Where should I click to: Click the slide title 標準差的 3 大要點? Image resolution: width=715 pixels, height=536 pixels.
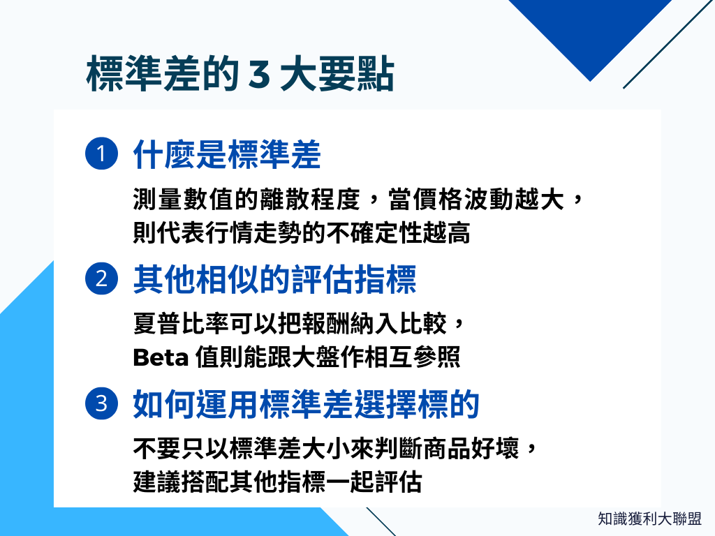click(239, 75)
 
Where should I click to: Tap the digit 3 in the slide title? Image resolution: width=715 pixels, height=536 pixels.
click(258, 75)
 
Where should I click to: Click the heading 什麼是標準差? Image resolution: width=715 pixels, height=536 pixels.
click(226, 155)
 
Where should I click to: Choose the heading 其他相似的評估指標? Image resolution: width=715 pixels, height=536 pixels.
click(274, 281)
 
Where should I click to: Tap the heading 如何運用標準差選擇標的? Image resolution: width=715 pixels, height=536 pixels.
click(306, 405)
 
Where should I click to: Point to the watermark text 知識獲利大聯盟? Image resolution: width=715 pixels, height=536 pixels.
click(649, 519)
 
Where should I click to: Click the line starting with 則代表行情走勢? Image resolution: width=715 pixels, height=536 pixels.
click(301, 232)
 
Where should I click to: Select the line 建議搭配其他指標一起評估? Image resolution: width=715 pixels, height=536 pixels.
click(277, 482)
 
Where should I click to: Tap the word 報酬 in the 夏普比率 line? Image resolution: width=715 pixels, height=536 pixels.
click(320, 324)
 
